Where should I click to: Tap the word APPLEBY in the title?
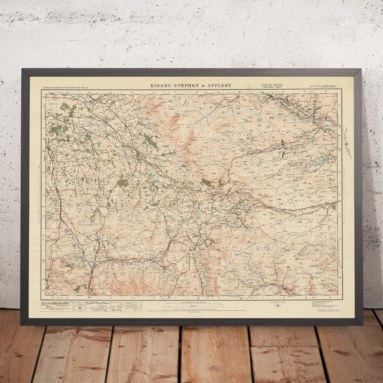220,85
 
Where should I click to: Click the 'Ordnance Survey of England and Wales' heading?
65,87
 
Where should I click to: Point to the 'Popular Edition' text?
272,85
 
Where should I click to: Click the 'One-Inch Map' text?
272,88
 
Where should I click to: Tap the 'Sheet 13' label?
304,86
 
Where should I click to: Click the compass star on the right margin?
347,144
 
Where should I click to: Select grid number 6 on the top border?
154,92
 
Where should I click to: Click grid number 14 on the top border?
326,92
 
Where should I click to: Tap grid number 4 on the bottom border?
111,298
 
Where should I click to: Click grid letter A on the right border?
340,105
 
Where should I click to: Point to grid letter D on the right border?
340,172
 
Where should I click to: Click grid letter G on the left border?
43,238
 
